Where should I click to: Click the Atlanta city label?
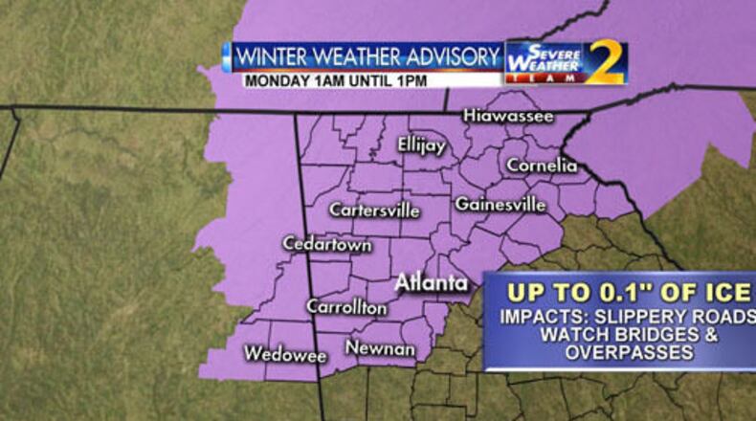click(432, 283)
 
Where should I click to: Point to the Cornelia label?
click(542, 166)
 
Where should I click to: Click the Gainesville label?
click(500, 204)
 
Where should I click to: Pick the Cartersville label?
click(374, 210)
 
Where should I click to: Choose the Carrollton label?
click(346, 307)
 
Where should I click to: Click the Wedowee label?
click(285, 354)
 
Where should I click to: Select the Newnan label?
click(381, 349)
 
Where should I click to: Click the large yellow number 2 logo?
click(605, 63)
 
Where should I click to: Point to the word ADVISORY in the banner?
click(450, 55)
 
